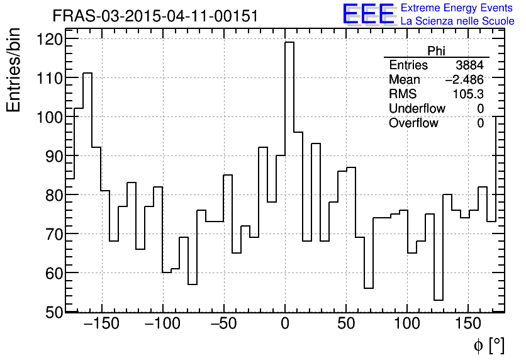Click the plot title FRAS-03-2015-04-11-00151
tap(155, 16)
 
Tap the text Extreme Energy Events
tap(457, 8)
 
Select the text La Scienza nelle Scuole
tap(457, 21)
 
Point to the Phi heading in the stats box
tap(436, 51)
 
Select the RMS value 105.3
tap(468, 94)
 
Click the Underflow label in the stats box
tap(417, 108)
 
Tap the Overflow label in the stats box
tap(413, 123)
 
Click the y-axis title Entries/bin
tap(14, 70)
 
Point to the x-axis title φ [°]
tap(488, 345)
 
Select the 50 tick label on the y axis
tap(54, 312)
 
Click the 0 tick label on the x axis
tap(285, 324)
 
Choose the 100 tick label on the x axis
tap(407, 324)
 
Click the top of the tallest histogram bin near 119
tap(289, 42)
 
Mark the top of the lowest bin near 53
tap(439, 300)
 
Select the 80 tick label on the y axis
tap(54, 195)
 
